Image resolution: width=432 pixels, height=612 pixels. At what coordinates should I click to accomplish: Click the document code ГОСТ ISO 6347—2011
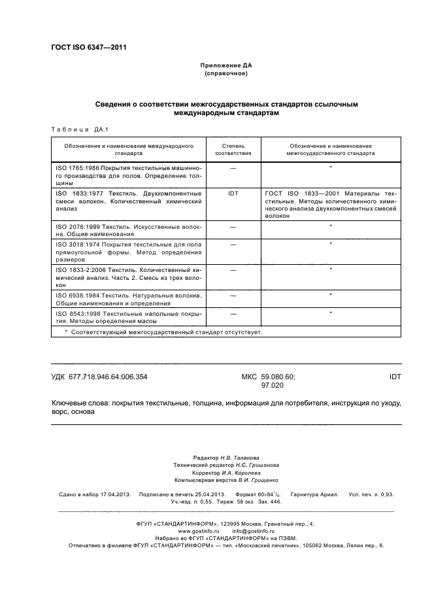pos(88,47)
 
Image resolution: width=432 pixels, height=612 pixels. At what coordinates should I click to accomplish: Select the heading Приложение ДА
pos(225,66)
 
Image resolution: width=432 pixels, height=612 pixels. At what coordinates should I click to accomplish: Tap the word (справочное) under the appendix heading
pos(225,74)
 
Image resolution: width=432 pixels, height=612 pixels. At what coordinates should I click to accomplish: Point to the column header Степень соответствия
pos(233,150)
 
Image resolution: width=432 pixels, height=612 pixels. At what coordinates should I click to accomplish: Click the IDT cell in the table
pos(233,194)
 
